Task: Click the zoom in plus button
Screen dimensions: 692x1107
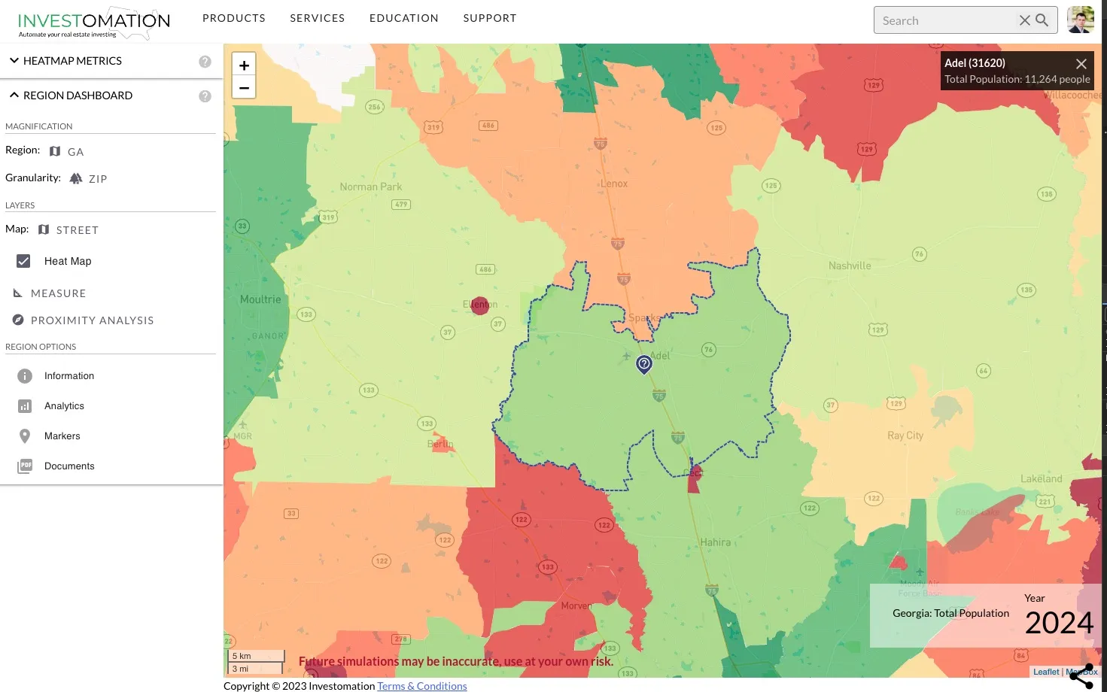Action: [x=244, y=65]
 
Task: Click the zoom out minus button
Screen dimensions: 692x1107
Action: [x=244, y=87]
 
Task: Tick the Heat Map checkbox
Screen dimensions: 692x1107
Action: [x=24, y=261]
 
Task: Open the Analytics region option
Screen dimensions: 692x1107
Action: [x=64, y=406]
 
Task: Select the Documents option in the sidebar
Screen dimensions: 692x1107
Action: [x=69, y=466]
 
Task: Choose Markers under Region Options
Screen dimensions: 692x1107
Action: [x=62, y=436]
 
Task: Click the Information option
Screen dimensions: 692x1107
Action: [x=68, y=376]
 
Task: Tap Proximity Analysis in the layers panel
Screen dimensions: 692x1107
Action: [x=92, y=320]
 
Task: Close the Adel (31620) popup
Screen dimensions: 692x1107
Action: [x=1081, y=64]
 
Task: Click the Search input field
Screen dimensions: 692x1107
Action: [x=944, y=20]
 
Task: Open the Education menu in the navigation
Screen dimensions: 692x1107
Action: [x=403, y=18]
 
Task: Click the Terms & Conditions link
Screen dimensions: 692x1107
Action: [x=421, y=686]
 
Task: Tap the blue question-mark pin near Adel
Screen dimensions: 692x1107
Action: [x=644, y=364]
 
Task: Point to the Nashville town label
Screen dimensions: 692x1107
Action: [x=850, y=266]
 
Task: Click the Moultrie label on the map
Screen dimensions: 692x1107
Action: [x=260, y=299]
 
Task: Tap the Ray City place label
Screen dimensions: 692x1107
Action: [x=905, y=436]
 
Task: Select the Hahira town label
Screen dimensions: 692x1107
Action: [x=715, y=542]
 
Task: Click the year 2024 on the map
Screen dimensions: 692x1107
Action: [x=1058, y=623]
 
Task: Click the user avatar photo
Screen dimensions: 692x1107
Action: [x=1081, y=20]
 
